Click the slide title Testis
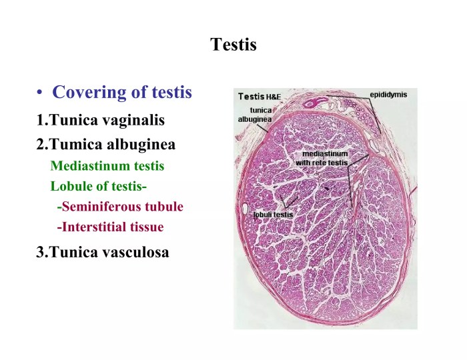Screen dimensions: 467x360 233,45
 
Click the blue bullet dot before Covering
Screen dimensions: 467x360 39,92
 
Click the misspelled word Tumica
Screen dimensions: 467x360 76,144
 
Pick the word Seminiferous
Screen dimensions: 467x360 101,207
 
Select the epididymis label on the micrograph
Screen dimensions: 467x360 388,95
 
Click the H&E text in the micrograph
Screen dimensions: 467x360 273,97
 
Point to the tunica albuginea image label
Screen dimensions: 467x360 255,115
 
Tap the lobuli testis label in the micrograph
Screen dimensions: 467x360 273,215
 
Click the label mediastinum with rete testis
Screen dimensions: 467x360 322,158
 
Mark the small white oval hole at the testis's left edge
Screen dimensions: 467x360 246,209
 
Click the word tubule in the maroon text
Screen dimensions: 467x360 164,207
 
